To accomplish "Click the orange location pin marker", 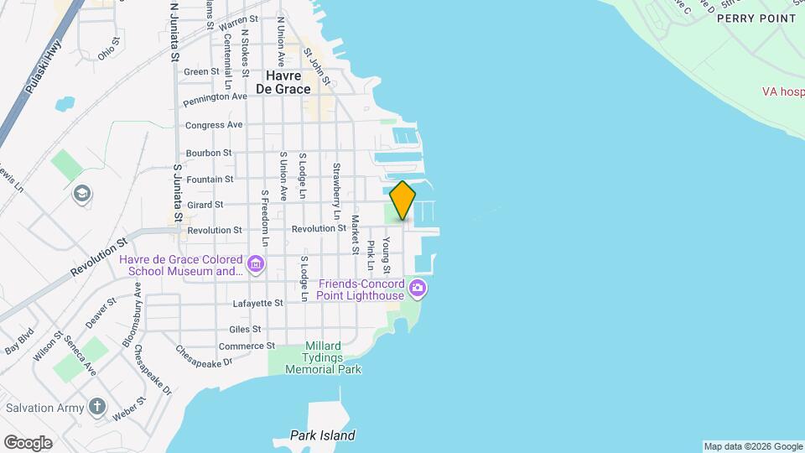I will coord(402,200).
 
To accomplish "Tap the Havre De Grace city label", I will coord(283,81).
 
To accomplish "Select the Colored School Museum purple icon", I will coord(256,266).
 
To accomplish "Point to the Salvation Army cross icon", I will coord(97,408).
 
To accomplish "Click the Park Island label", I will coord(323,435).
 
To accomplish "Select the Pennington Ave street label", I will coord(216,97).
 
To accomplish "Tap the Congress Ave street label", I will coord(214,125).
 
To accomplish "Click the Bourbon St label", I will coord(208,153).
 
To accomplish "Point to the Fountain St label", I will coord(210,180).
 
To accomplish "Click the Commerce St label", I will coord(247,346).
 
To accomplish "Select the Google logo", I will coord(28,442).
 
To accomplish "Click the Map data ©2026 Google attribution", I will coord(752,446).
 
